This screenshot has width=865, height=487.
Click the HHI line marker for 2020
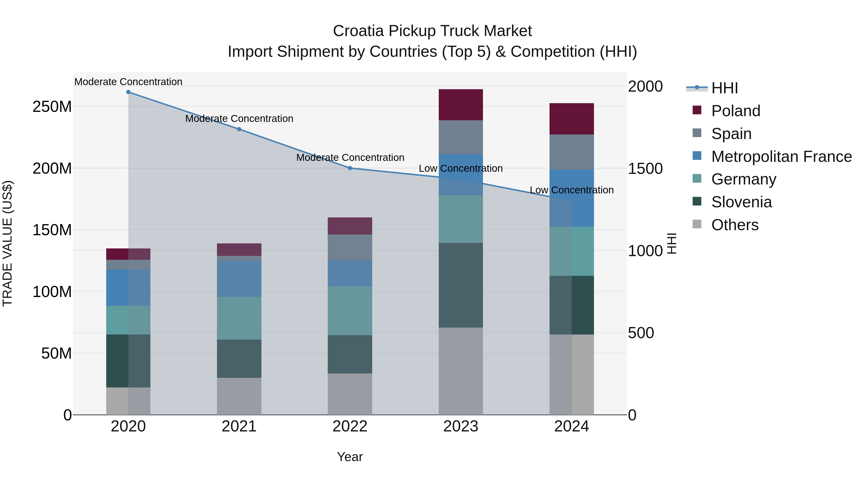[128, 92]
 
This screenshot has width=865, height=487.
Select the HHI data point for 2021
[239, 129]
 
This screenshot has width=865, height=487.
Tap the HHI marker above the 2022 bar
[350, 168]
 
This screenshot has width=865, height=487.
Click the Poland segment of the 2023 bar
[461, 105]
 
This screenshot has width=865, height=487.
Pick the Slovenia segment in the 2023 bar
[461, 285]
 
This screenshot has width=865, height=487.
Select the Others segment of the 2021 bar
[239, 396]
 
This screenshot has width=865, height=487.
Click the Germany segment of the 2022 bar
[350, 311]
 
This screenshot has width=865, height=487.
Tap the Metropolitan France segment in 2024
[572, 198]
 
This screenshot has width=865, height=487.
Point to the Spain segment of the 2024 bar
[572, 152]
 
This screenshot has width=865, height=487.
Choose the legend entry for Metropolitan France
[781, 157]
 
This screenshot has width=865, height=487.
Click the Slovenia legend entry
[741, 202]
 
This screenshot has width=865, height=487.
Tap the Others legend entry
[735, 225]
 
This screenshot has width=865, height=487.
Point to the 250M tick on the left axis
[52, 107]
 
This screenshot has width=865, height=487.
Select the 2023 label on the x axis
[461, 426]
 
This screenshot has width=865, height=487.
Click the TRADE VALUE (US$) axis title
[7, 243]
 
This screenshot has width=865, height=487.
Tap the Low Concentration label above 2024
[572, 190]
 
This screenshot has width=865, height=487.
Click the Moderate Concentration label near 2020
[128, 82]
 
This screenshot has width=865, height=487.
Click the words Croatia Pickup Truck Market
[432, 31]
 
